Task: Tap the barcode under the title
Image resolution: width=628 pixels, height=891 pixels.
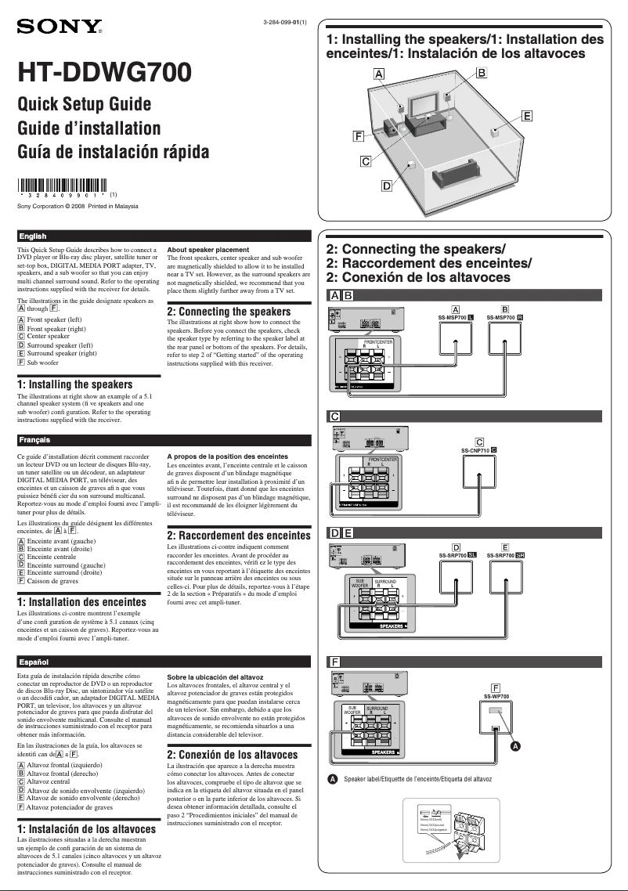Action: click(62, 188)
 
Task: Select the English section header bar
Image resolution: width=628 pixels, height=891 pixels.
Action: click(164, 236)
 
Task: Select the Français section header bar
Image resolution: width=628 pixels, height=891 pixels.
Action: click(164, 441)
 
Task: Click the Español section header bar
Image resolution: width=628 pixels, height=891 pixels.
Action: click(164, 662)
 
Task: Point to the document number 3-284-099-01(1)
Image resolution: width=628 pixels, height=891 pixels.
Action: click(280, 23)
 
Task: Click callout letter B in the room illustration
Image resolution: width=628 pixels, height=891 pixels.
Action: click(482, 74)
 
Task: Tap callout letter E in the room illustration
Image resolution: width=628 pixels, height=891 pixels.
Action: click(526, 116)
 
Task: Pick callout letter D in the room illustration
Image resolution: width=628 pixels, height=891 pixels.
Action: click(386, 186)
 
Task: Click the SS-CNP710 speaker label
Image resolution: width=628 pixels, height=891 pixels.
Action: click(478, 452)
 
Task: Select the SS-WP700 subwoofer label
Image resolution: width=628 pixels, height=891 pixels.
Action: click(496, 696)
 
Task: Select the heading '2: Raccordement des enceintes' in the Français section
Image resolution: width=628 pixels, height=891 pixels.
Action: click(240, 536)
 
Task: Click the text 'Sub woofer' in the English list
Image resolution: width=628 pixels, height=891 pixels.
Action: click(42, 363)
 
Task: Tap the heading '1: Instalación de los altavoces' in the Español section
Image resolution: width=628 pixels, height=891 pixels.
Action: click(86, 828)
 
